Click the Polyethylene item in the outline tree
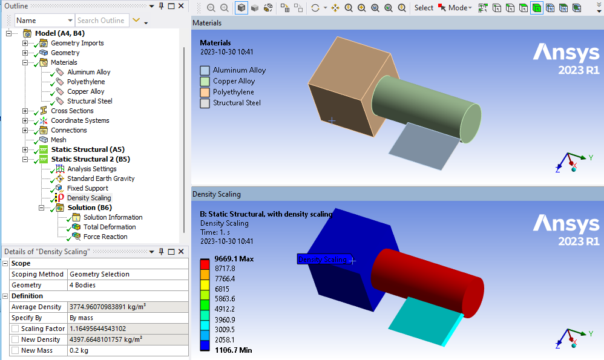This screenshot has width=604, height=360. [x=86, y=82]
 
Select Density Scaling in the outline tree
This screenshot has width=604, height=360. [x=89, y=198]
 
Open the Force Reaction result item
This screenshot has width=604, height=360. [x=105, y=237]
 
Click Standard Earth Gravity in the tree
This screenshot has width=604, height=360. [x=100, y=178]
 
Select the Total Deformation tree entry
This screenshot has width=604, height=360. [x=110, y=227]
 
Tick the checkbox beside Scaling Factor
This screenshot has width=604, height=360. [x=15, y=329]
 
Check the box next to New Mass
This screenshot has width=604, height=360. [x=15, y=350]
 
